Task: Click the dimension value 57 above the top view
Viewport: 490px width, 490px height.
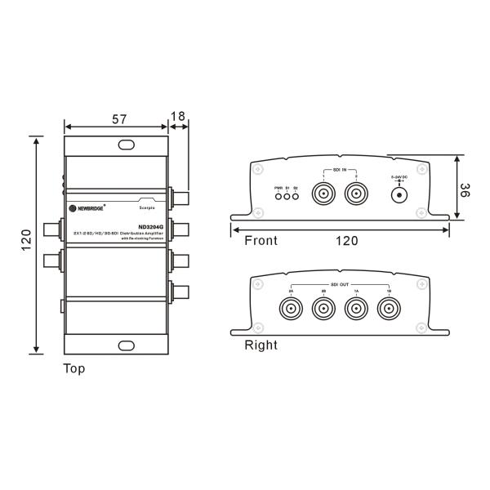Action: [119, 119]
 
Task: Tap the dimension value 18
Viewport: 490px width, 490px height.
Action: [178, 117]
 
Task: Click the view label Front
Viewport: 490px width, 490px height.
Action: [261, 241]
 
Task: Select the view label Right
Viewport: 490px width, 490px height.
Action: [261, 345]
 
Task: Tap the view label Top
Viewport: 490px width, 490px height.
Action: [74, 368]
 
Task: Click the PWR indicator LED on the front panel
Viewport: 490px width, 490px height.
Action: [278, 197]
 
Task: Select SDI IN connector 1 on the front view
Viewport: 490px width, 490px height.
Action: [324, 194]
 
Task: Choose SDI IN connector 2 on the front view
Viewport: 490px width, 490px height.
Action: [356, 194]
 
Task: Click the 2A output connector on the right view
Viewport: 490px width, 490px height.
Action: [292, 309]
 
